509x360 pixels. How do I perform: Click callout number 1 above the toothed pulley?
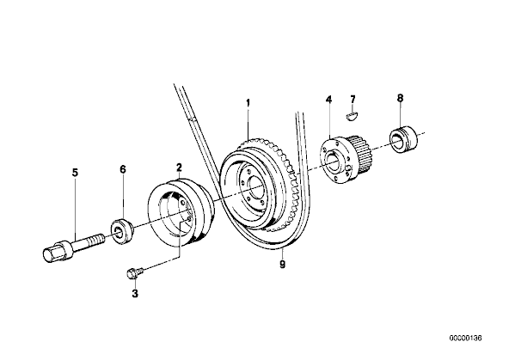pos(248,103)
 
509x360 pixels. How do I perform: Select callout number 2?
pos(179,168)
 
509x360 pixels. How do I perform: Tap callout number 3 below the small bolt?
pos(135,294)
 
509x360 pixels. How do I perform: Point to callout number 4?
pos(328,100)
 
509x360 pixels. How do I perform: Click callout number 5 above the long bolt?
pos(76,173)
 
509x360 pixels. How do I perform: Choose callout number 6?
pos(123,169)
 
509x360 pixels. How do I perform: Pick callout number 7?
pos(353,99)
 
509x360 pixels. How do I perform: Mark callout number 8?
pos(400,98)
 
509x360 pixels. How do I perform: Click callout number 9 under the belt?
pos(282,265)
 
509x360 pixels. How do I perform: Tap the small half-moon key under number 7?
pos(353,116)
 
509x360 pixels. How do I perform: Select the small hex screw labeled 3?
pos(134,272)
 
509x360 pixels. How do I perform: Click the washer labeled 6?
pos(122,231)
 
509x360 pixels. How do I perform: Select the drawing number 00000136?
pos(465,338)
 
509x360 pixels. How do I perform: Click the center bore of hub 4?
pos(333,161)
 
